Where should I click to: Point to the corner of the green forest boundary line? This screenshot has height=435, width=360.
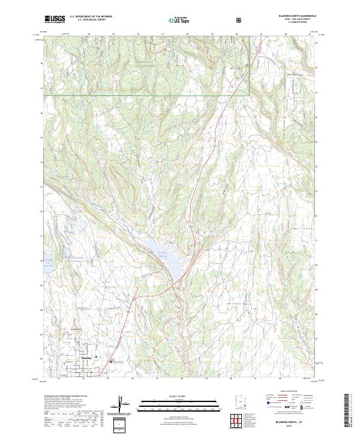[249, 95]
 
